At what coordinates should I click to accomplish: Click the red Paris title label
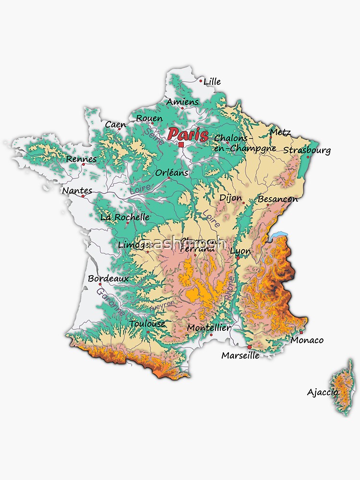pos(188,134)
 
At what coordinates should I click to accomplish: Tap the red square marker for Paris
pos(181,144)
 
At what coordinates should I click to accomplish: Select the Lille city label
pos(212,82)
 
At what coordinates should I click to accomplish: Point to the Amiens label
pos(182,102)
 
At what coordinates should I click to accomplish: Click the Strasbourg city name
pos(307,150)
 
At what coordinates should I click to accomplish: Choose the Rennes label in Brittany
pos(81,159)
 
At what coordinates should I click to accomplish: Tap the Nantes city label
pos(77,191)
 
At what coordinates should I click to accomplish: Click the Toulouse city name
pos(147,324)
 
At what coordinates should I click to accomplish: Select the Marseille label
pos(240,356)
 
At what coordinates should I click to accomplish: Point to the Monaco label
pos(307,340)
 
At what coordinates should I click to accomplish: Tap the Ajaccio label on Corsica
pos(323,392)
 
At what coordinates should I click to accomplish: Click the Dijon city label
pos(230,198)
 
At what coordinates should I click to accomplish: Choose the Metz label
pos(280,132)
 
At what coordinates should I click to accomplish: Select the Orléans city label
pos(172,173)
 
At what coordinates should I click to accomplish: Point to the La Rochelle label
pos(125,217)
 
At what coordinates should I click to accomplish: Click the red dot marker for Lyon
pos(237,258)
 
